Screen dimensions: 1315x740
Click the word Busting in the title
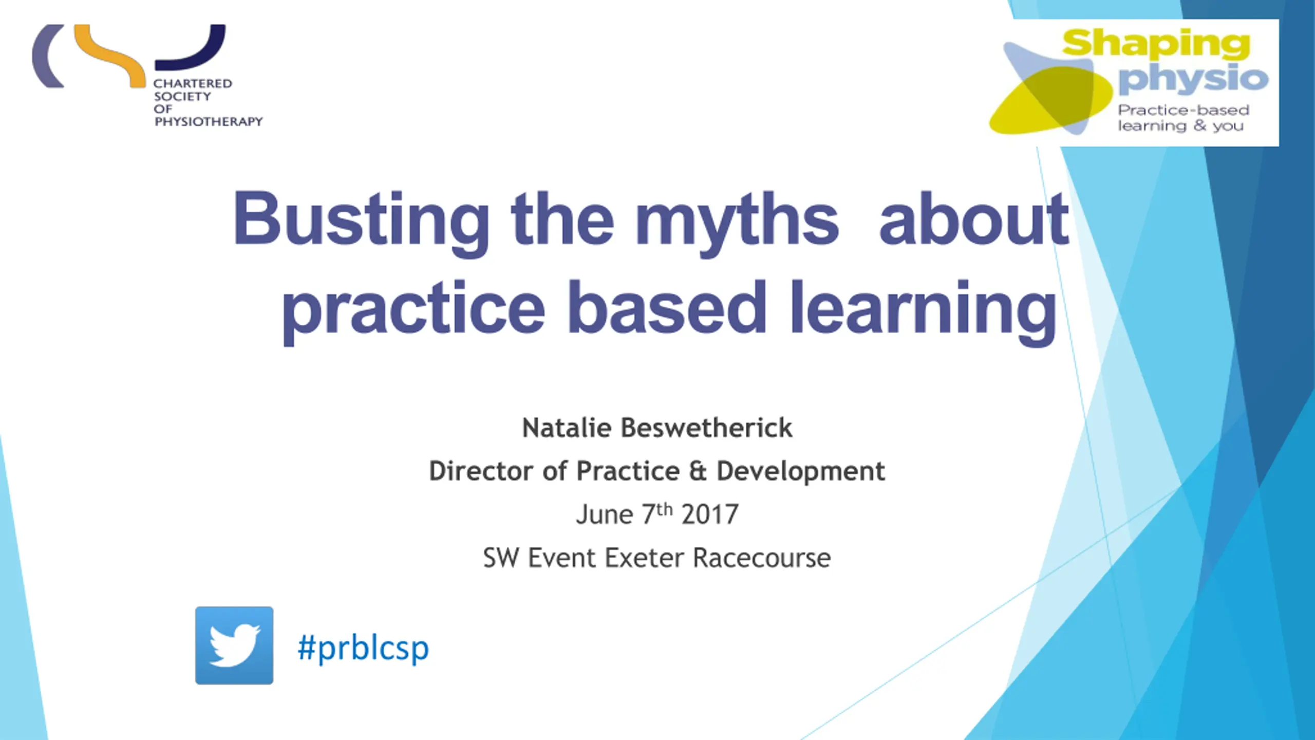(x=361, y=221)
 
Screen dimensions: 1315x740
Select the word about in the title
(x=974, y=218)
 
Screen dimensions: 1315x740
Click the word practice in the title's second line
(x=413, y=310)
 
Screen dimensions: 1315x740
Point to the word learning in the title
(x=924, y=310)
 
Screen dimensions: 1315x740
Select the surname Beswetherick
(x=707, y=428)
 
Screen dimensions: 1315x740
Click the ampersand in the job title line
(x=698, y=471)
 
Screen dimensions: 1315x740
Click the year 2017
(x=710, y=514)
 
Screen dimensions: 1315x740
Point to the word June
(x=605, y=514)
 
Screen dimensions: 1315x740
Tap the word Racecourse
(x=762, y=558)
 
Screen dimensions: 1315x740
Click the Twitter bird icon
(x=234, y=645)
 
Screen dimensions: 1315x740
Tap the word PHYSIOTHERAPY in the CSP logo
(x=209, y=122)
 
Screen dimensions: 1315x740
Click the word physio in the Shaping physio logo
(x=1193, y=80)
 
